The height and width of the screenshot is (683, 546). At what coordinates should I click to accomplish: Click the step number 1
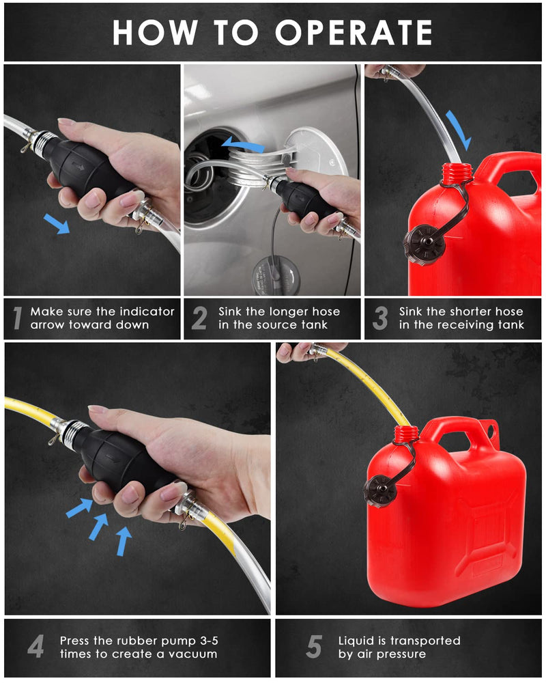[18, 318]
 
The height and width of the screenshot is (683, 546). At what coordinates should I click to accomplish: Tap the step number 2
[199, 318]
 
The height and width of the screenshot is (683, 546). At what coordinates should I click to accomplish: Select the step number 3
[380, 318]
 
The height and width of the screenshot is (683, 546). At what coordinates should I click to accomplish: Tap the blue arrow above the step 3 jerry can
[458, 128]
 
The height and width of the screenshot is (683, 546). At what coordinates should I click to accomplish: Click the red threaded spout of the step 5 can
[407, 434]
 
